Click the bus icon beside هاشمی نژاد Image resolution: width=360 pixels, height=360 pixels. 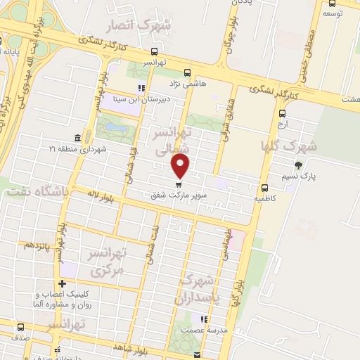(x=186, y=72)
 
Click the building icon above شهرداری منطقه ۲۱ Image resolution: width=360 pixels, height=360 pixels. (x=77, y=138)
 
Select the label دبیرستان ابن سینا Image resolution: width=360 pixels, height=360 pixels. (x=141, y=99)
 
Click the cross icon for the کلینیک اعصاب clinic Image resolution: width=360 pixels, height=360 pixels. (x=63, y=284)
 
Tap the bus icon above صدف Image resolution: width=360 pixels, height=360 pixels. (x=20, y=327)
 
